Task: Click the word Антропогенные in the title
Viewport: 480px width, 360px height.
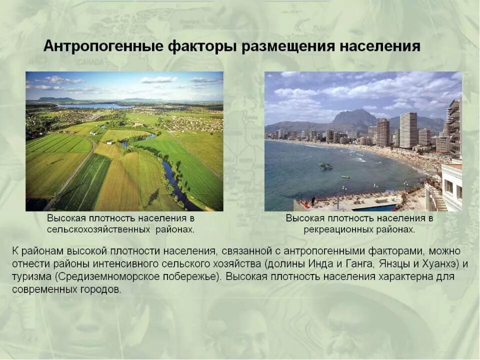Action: [103, 46]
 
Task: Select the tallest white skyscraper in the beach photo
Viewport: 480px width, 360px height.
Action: [407, 130]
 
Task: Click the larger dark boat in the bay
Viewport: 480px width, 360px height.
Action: [325, 166]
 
